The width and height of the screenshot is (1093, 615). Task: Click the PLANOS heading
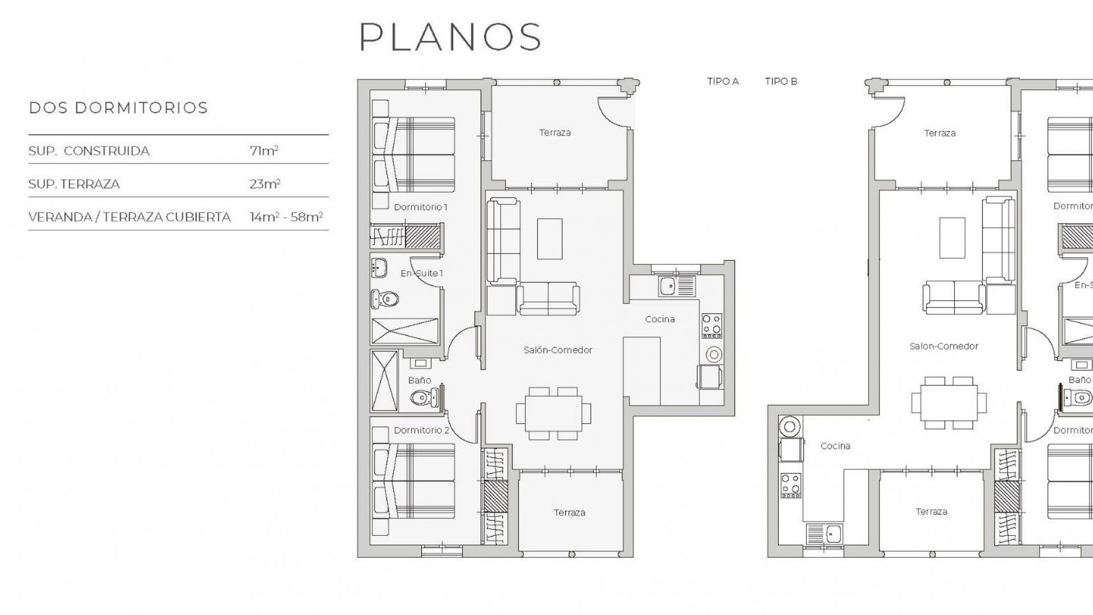(450, 38)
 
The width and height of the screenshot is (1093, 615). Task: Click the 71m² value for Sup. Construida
(264, 151)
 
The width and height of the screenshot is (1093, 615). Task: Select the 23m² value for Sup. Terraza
(265, 184)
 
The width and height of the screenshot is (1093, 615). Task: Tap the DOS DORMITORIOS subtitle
(118, 108)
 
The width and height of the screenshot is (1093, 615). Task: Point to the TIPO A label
(723, 81)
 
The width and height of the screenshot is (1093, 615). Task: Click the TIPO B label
(781, 81)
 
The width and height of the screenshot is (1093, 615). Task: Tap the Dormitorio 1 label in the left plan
(421, 207)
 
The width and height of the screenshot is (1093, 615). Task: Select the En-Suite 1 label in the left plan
(421, 273)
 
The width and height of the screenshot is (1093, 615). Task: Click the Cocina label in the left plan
(660, 319)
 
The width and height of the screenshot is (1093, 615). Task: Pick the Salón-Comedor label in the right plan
(944, 346)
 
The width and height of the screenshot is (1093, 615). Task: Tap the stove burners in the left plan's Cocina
(712, 326)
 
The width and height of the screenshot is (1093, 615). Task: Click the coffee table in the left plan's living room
(549, 239)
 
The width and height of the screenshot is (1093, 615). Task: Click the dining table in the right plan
(948, 403)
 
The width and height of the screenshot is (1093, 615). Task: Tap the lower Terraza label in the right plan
(931, 512)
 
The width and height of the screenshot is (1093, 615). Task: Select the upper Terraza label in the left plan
(555, 133)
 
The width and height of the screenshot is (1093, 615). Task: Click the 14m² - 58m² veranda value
(286, 217)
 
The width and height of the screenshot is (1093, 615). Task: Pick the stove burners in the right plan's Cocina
(791, 485)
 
